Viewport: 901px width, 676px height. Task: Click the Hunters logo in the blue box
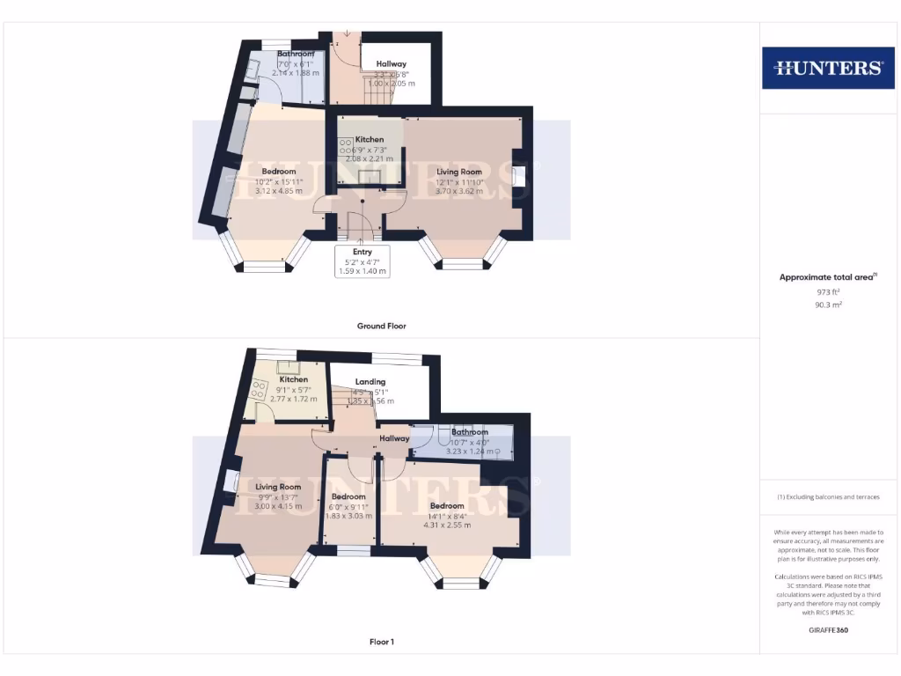827,68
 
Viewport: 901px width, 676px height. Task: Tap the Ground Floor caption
381,326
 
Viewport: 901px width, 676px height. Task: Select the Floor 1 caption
381,642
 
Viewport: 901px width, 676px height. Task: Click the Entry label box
363,261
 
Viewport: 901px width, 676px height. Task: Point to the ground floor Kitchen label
370,139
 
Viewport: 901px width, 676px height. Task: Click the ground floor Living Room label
459,172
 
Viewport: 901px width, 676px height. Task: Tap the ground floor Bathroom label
296,54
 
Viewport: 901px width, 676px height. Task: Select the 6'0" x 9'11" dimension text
348,506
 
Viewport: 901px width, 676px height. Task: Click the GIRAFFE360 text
828,630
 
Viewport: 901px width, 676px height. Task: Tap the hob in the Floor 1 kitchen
260,388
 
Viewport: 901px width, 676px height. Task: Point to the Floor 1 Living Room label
278,487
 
